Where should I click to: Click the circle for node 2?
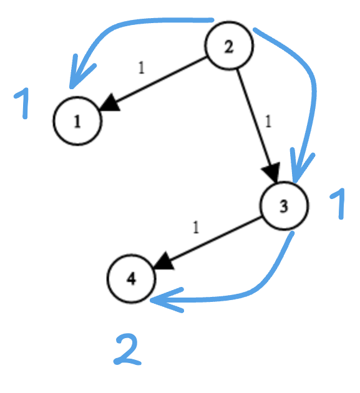(229, 46)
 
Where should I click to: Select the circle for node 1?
(77, 122)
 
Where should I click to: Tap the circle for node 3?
(284, 206)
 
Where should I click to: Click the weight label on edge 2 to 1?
(141, 68)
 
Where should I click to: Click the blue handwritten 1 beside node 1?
(23, 104)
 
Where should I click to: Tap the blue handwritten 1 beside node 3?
(338, 204)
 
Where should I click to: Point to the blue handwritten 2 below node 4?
(128, 349)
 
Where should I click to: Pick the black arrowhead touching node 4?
(163, 261)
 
